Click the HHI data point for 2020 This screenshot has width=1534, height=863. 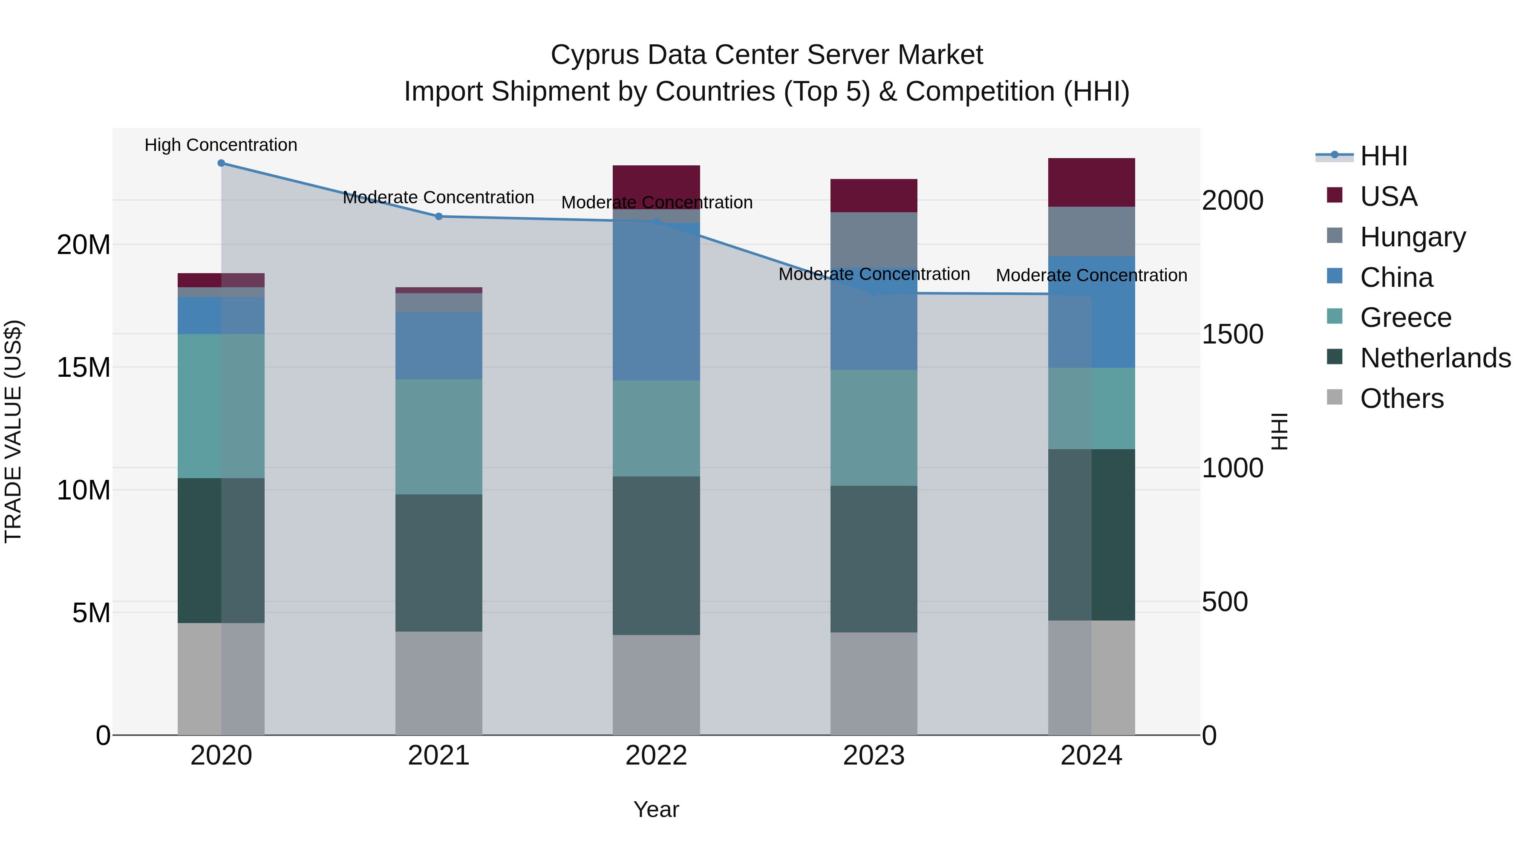[221, 163]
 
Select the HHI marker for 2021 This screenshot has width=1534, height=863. [439, 216]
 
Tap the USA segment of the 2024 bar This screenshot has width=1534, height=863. [1091, 182]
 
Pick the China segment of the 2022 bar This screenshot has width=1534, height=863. [656, 301]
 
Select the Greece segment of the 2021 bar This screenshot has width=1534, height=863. [439, 436]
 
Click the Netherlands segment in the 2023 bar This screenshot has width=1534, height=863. [874, 559]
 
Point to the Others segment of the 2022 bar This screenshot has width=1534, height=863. [656, 684]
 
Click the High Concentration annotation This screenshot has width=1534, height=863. [221, 145]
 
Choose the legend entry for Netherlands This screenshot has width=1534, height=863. [1435, 358]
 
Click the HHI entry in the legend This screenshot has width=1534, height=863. [1383, 156]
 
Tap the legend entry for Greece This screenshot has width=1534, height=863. [1405, 317]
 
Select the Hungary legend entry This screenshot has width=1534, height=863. [1413, 237]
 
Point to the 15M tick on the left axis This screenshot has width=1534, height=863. [84, 367]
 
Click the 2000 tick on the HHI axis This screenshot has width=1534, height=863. [1232, 200]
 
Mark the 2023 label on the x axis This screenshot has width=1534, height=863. [874, 756]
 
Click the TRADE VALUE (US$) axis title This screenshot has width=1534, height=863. [13, 431]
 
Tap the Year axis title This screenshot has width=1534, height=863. [656, 809]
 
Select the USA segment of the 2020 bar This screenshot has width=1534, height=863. [221, 280]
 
